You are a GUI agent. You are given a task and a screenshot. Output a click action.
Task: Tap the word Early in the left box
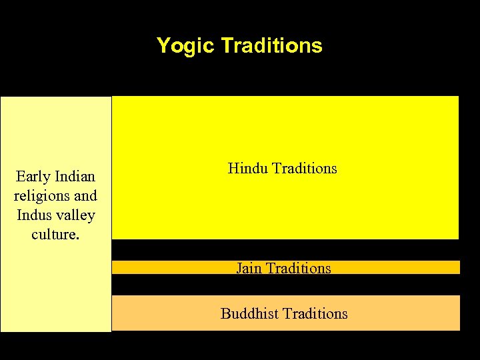tap(33, 177)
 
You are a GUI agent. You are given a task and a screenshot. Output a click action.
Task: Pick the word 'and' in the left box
tap(86, 196)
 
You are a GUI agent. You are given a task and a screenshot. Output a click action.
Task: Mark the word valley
tap(77, 215)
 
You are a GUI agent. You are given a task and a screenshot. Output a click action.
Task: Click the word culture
tap(53, 235)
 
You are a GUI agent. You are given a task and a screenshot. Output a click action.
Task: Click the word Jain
tap(249, 268)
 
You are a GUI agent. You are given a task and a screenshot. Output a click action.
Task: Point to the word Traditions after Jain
tap(298, 268)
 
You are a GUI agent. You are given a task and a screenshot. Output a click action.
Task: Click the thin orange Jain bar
tap(400, 267)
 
